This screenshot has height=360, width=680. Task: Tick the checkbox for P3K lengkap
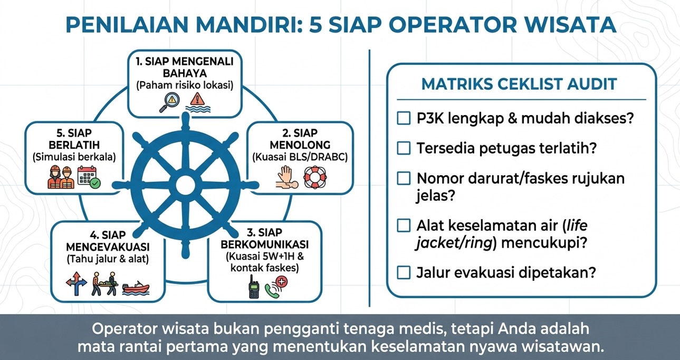(404, 118)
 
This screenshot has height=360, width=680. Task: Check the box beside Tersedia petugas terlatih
(404, 148)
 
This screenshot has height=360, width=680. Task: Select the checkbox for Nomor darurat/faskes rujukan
(404, 178)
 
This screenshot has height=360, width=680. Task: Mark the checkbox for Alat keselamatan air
(404, 225)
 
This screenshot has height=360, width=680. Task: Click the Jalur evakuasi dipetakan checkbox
(404, 272)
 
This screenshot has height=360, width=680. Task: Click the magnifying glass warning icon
(169, 102)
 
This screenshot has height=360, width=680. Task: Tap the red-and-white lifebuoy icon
(315, 177)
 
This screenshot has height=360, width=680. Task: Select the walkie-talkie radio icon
(254, 287)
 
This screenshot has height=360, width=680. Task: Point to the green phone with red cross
(276, 287)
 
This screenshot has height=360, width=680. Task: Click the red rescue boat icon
(136, 288)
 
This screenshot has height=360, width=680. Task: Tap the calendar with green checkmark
(89, 177)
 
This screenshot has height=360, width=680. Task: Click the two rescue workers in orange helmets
(61, 177)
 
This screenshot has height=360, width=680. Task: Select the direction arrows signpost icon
(76, 283)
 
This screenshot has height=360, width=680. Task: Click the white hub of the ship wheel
(186, 184)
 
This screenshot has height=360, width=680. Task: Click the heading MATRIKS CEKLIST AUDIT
(519, 84)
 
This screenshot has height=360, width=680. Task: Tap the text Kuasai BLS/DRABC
(300, 157)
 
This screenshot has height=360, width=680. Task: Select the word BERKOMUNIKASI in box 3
(264, 244)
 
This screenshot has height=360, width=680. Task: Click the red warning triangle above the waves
(198, 99)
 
